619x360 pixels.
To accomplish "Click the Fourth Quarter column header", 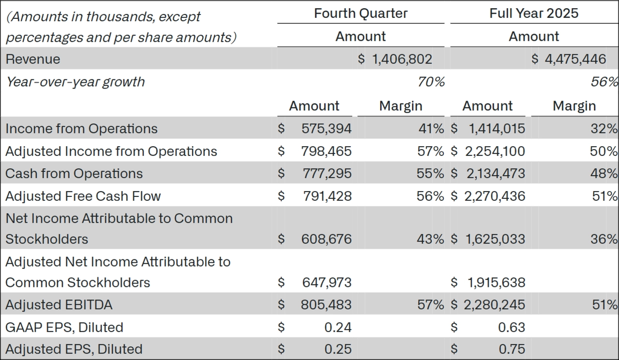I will [x=361, y=14].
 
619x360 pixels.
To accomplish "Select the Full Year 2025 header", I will [x=534, y=14].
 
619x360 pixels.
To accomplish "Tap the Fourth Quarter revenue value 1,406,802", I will [x=401, y=60].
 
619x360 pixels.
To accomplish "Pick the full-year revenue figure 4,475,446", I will [x=575, y=60].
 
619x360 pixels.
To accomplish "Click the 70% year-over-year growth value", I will [x=431, y=82].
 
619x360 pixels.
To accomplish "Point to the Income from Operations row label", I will [x=82, y=129].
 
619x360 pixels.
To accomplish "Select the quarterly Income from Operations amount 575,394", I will [x=326, y=129].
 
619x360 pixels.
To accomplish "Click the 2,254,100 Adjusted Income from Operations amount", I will [x=495, y=151].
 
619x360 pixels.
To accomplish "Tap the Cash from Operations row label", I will [x=74, y=174].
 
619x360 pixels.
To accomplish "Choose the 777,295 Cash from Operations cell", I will [x=326, y=174].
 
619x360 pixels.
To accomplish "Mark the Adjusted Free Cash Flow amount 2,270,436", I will [x=495, y=196].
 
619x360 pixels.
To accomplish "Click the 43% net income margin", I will [x=430, y=239].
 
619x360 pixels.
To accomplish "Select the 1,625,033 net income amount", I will [x=495, y=239].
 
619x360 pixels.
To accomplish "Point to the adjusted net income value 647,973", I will [x=326, y=283].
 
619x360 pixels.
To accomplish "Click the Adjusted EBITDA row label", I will [x=59, y=305].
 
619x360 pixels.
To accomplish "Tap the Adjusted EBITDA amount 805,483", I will [x=326, y=305].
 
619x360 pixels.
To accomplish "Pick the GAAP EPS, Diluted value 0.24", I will [x=338, y=328].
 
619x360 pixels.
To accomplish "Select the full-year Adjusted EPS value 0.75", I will [x=511, y=349].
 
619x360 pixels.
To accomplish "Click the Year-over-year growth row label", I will [x=75, y=82].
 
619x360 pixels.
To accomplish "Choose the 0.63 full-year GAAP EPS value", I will [x=511, y=328].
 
